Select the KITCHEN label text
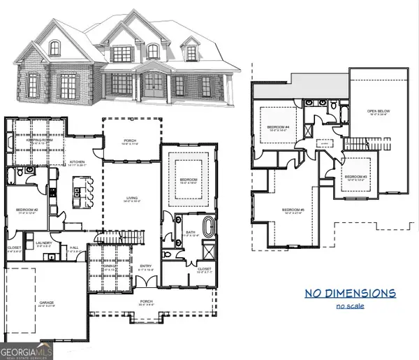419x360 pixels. click(76, 162)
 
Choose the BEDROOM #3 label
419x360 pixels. click(355, 177)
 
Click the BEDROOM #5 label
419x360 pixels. click(293, 210)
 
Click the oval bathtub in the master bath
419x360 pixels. click(209, 228)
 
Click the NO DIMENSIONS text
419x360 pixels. click(349, 292)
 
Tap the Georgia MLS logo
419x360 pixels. click(27, 350)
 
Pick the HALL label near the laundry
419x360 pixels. click(74, 247)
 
